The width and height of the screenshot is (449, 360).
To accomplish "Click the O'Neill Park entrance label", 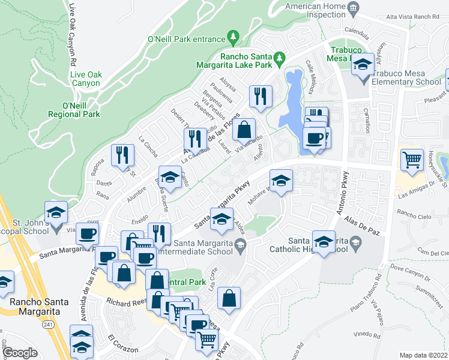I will pyautogui.click(x=185, y=40).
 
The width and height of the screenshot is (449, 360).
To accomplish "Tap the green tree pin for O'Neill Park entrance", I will pyautogui.click(x=233, y=39).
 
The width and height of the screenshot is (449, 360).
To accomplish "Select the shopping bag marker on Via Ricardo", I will pyautogui.click(x=244, y=130).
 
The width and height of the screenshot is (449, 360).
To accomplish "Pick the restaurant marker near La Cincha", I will pyautogui.click(x=122, y=155).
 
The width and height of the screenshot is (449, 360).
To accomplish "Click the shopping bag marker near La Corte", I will pyautogui.click(x=229, y=298).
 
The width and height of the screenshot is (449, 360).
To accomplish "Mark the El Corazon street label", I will pyautogui.click(x=123, y=349).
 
